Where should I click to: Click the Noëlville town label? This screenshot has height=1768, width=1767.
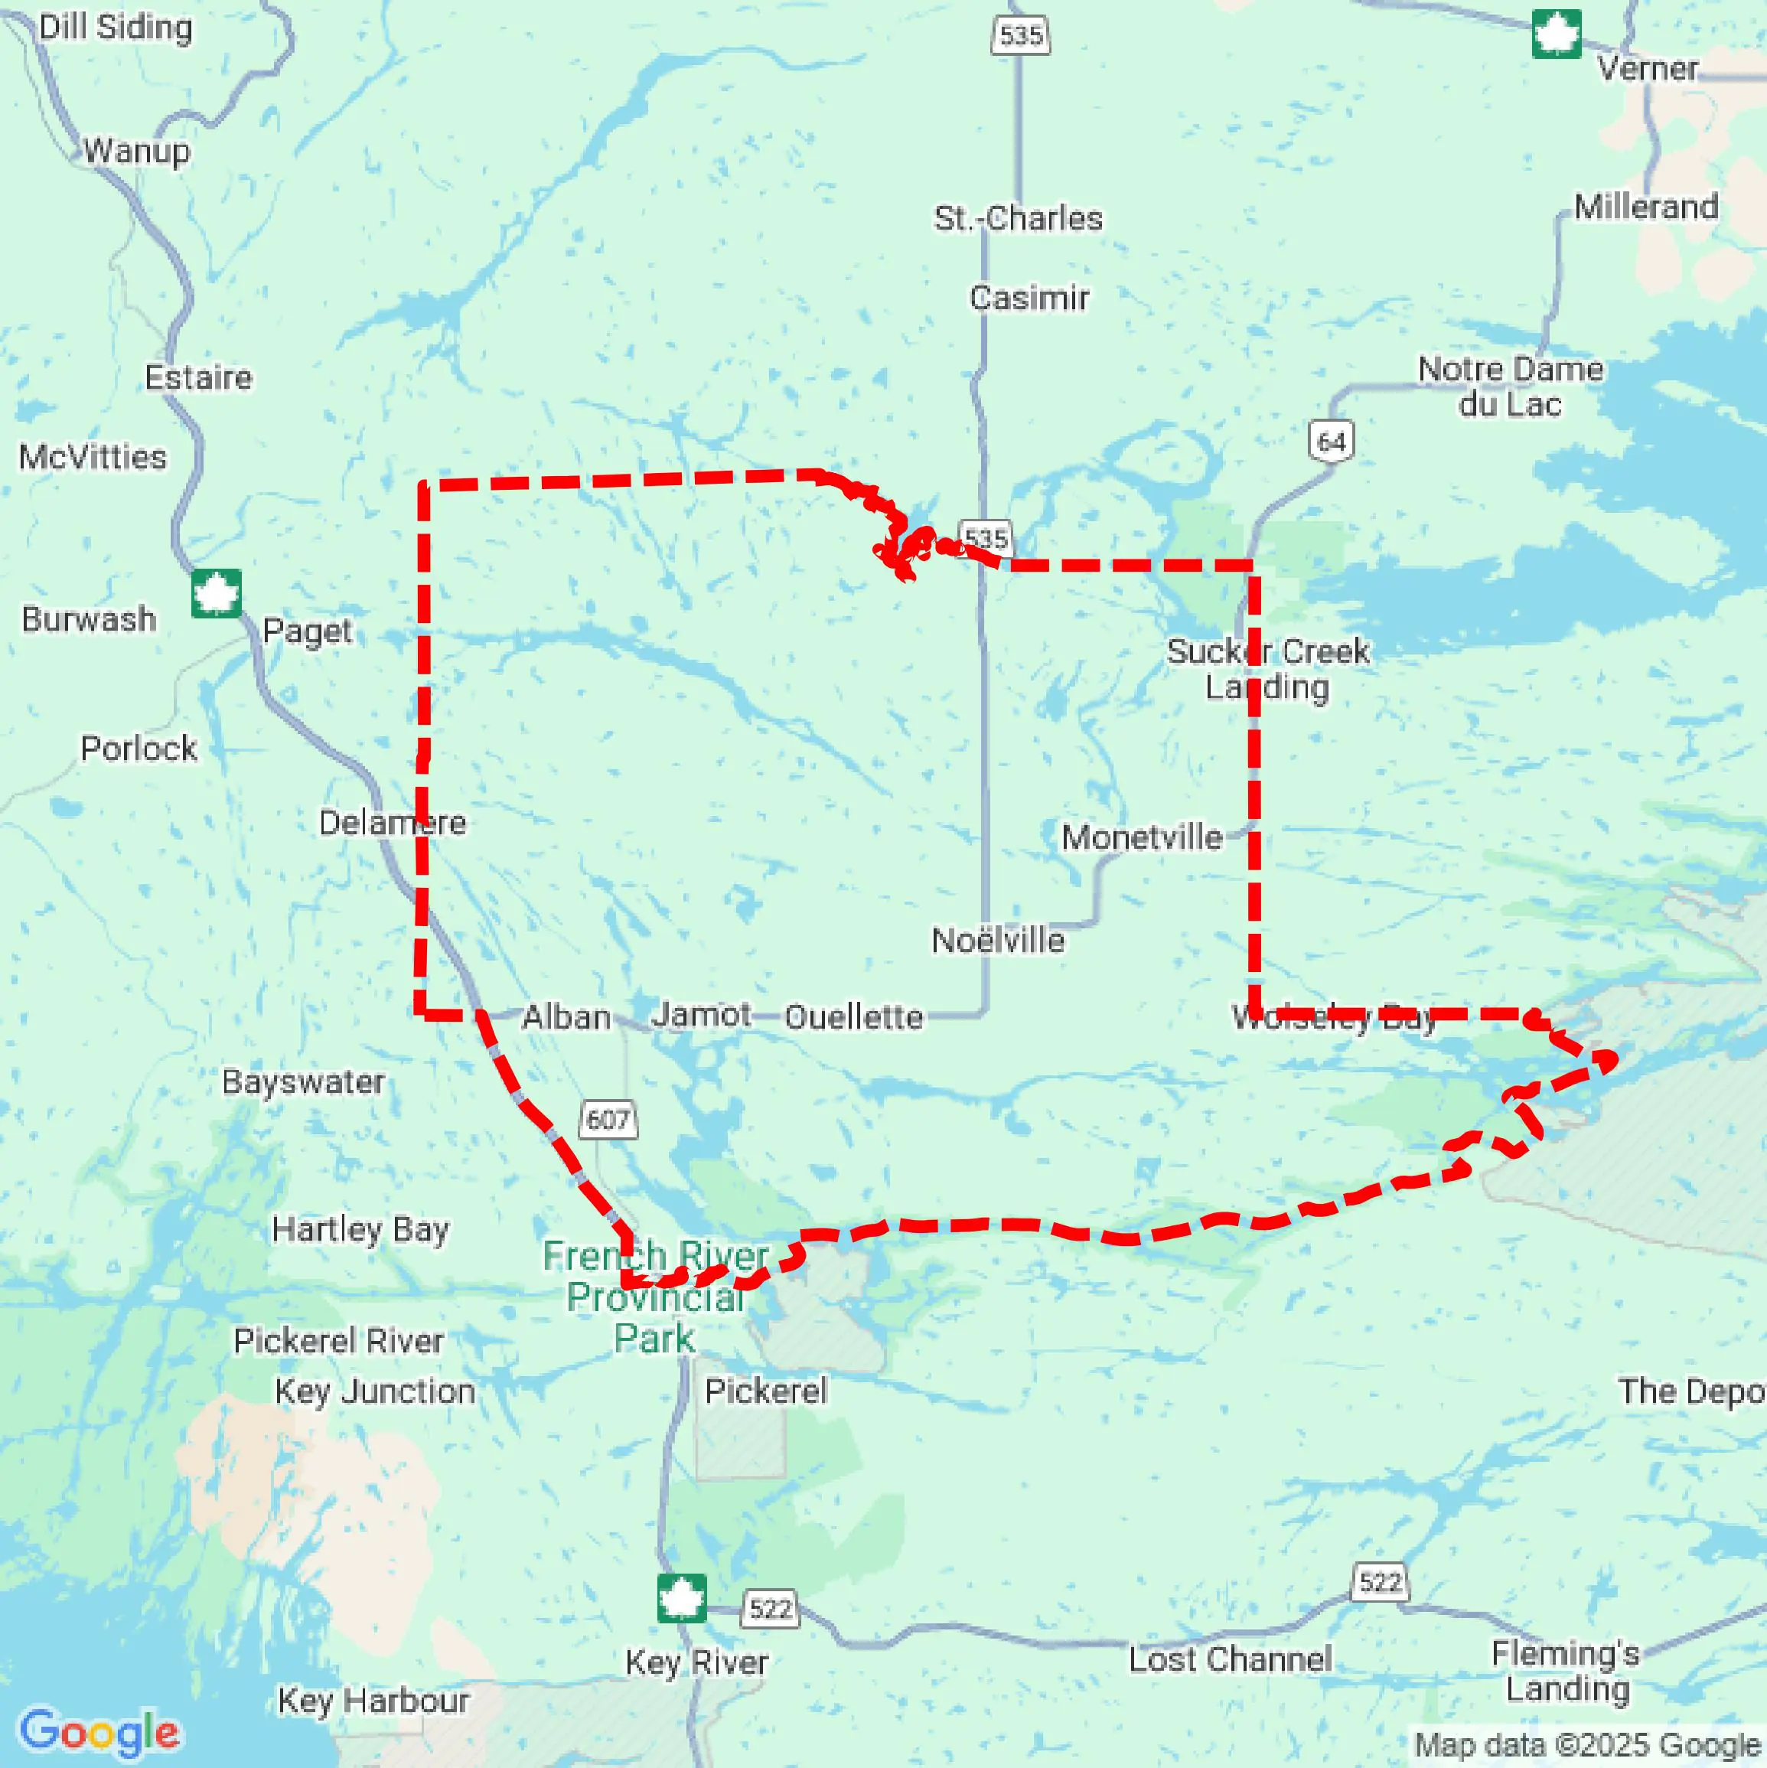997,941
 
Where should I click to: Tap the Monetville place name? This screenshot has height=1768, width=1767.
1141,837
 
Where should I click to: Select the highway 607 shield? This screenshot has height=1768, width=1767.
608,1119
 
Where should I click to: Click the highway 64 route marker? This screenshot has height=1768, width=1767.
1331,442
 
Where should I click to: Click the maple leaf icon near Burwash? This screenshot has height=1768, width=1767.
217,593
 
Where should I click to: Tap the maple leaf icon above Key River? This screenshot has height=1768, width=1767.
682,1598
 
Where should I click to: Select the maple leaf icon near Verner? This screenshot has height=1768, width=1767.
1557,34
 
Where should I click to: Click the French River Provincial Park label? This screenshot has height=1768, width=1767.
655,1297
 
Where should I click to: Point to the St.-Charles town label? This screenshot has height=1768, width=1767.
1018,219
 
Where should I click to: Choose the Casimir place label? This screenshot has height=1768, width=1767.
1029,298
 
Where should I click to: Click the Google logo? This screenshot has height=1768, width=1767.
99,1731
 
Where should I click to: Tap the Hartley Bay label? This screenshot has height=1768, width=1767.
360,1229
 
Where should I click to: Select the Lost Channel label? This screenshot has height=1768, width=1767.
1230,1659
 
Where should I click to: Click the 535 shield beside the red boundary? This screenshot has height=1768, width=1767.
986,537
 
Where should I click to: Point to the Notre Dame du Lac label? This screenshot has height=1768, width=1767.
1510,387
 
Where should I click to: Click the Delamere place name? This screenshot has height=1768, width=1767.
392,823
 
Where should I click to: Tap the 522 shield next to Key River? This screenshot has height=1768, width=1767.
770,1609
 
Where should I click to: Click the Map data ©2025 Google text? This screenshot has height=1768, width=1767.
1588,1745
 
